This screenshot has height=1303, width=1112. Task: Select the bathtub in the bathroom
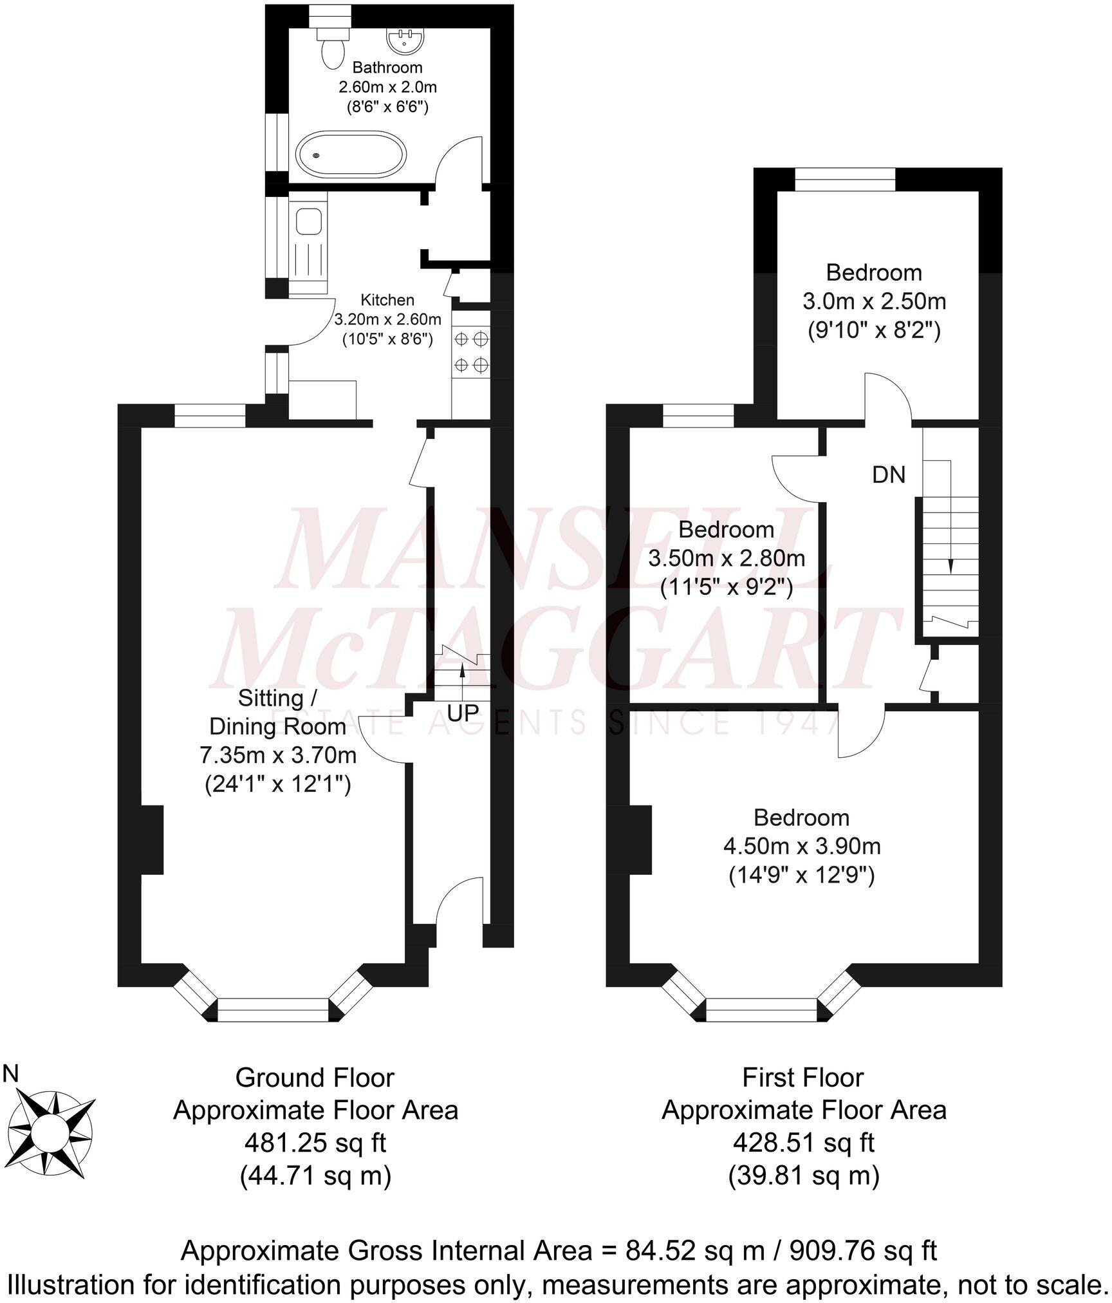[x=351, y=154]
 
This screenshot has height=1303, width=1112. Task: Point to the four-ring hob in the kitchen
[x=471, y=352]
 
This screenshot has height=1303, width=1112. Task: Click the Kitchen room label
[x=387, y=300]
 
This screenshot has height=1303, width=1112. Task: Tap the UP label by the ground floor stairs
[x=463, y=713]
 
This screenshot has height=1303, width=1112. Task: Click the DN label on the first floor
[x=889, y=475]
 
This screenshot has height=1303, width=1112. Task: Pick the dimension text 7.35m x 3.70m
[x=278, y=755]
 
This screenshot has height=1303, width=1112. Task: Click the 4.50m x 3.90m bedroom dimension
[x=802, y=845]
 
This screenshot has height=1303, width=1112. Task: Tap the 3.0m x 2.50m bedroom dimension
[x=874, y=301]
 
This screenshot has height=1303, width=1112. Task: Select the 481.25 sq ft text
[x=315, y=1143]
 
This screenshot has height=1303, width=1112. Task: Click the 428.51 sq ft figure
[x=804, y=1143]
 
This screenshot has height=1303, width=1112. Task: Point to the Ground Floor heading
[x=315, y=1078]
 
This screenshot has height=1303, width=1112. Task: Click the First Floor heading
[x=803, y=1078]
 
